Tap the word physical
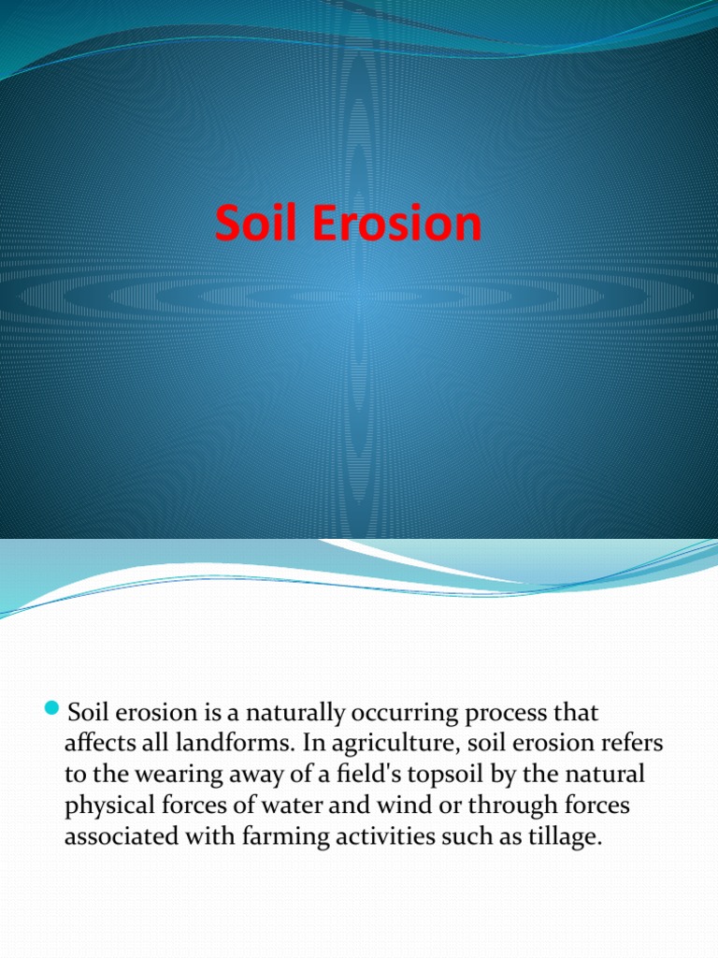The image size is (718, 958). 105,806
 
